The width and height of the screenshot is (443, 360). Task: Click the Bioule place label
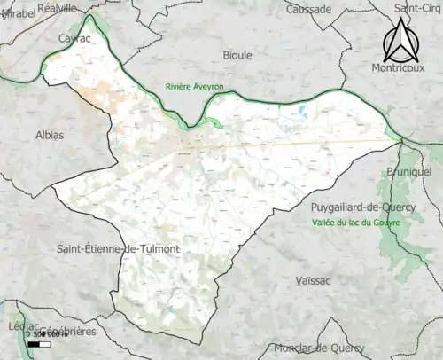(x=237, y=55)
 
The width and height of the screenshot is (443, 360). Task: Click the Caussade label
(x=308, y=9)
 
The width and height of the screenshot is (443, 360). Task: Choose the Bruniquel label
(x=408, y=170)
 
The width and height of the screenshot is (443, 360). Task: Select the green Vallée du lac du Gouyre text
(x=356, y=222)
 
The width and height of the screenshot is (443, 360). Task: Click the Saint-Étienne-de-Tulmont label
(x=117, y=249)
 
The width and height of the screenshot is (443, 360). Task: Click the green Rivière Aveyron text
(x=195, y=86)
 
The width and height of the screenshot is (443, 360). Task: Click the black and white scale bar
(x=38, y=343)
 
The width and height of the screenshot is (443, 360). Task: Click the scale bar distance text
(x=45, y=333)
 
